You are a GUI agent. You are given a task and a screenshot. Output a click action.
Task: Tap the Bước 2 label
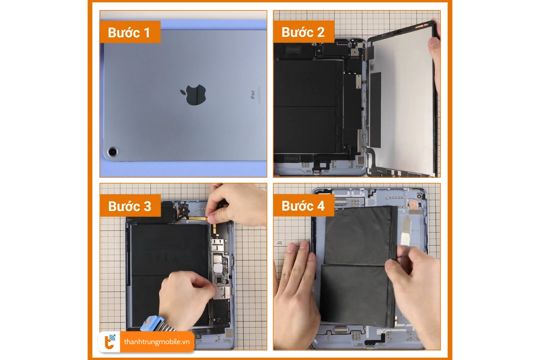point(303,32)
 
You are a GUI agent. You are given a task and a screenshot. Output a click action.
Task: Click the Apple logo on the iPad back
point(193,94)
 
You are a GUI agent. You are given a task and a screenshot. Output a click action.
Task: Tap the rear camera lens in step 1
point(112,152)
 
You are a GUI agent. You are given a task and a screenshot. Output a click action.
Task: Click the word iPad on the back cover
point(252,95)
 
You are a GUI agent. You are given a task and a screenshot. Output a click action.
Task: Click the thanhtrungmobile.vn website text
point(157,342)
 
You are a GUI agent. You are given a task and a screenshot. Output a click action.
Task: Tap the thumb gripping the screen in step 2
point(434,44)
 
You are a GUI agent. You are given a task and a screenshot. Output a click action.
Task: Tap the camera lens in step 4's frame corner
point(419,197)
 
